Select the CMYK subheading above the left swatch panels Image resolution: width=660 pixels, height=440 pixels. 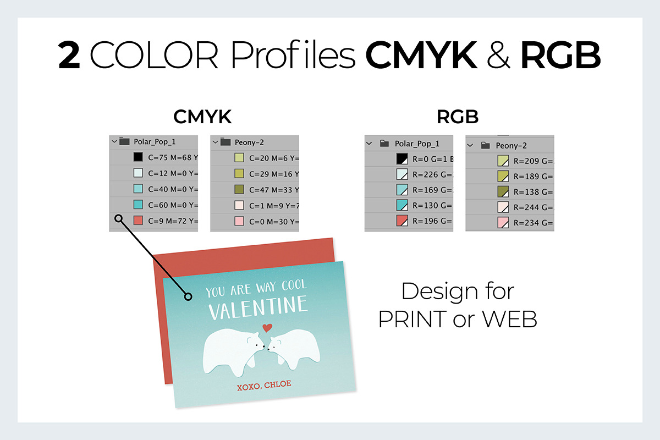[x=202, y=117]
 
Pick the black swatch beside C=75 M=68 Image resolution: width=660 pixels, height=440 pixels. [x=139, y=157]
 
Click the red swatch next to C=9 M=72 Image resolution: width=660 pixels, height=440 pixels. [x=139, y=221]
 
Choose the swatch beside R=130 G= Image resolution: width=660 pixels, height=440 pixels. [x=402, y=206]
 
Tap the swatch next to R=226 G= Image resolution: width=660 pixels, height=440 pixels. [x=402, y=175]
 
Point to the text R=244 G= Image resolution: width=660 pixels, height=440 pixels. [x=533, y=208]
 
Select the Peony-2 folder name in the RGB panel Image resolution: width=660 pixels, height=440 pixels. [x=511, y=146]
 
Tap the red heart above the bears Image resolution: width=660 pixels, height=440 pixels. [x=267, y=328]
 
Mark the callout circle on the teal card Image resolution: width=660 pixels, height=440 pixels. [x=188, y=297]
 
